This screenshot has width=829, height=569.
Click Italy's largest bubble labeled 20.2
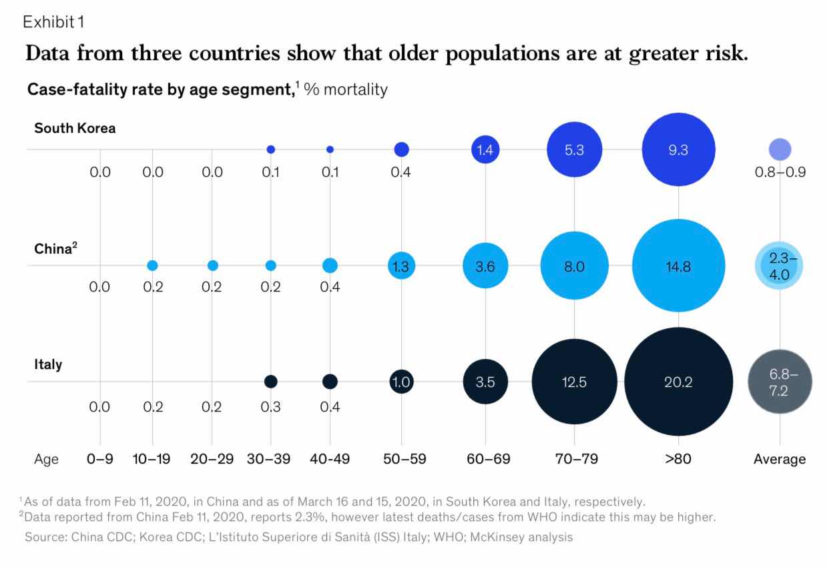678,382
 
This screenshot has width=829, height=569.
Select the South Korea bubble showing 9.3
678,149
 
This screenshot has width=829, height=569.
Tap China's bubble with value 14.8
678,265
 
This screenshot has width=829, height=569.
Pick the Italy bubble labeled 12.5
574,382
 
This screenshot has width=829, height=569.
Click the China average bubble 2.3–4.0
779,265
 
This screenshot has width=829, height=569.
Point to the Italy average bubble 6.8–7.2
779,382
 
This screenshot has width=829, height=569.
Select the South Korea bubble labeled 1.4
485,149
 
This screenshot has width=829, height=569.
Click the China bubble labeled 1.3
401,265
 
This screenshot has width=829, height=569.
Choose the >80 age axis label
678,459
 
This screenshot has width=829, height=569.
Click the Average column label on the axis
779,459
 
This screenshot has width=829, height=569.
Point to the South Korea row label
75,128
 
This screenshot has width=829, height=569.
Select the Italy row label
48,365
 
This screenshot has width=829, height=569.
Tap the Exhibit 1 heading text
53,22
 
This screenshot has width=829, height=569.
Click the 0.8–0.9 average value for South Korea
780,172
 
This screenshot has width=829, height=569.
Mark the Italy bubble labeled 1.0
401,382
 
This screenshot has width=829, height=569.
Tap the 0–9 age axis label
99,459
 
